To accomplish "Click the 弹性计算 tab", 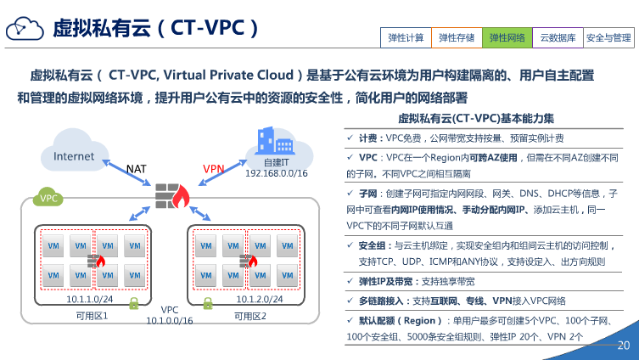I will (x=406, y=37).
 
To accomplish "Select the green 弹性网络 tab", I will (x=507, y=37).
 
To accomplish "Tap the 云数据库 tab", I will (x=558, y=37).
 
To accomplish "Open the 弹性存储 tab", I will (x=457, y=37).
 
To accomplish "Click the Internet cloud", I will (x=74, y=156).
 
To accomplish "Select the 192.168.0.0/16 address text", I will (x=276, y=173).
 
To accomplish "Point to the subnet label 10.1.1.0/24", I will (x=90, y=299).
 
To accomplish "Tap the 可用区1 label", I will (x=92, y=317).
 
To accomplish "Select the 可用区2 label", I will (x=250, y=317).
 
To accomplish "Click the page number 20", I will (x=624, y=346).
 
